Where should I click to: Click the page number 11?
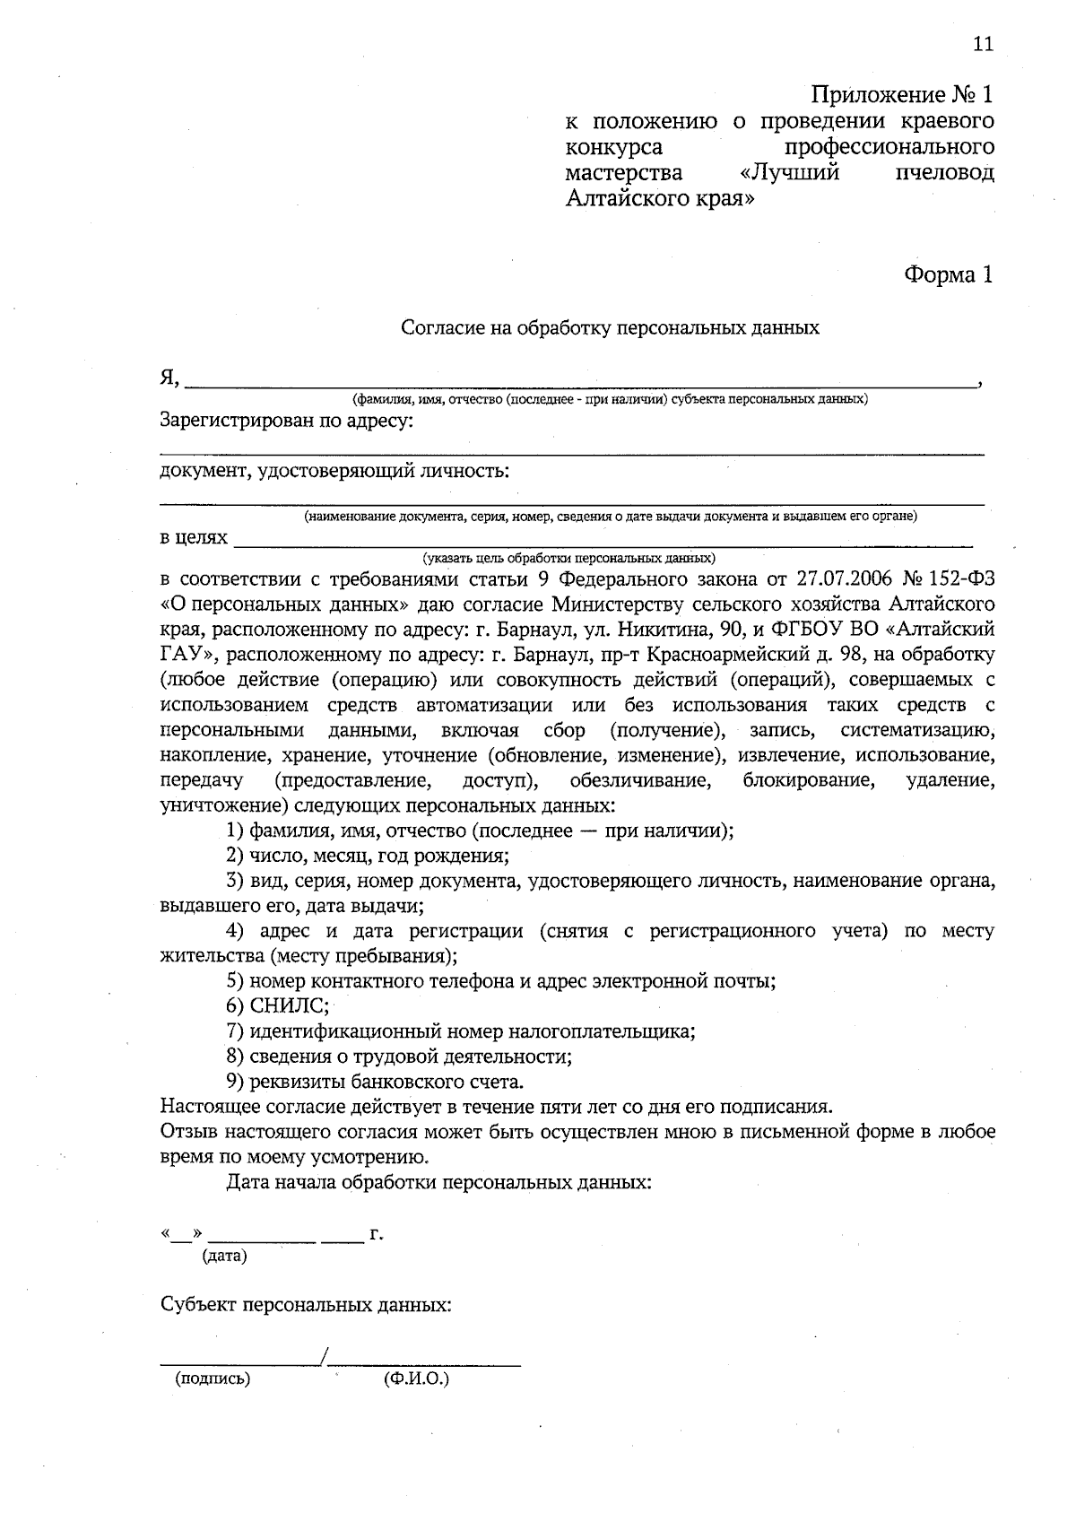[983, 45]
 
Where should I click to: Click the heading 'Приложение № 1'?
[902, 95]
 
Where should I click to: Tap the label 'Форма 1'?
[948, 274]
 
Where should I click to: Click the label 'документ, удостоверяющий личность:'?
[334, 470]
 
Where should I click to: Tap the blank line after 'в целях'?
[601, 540]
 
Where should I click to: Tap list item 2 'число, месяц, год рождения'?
[368, 855]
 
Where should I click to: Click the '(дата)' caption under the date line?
[225, 1257]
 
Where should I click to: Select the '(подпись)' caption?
[213, 1379]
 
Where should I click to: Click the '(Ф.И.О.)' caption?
[415, 1379]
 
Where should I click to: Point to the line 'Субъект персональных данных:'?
[306, 1305]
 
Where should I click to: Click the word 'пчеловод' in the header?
[944, 173]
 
